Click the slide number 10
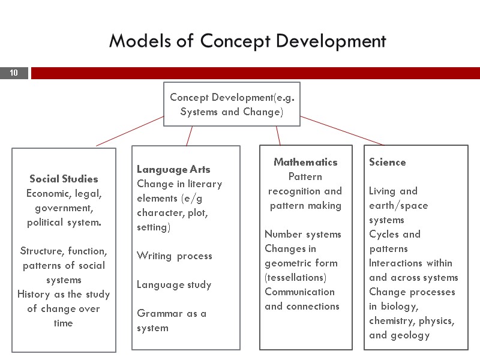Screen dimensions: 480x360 [x=14, y=73]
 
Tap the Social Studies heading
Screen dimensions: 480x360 [x=64, y=179]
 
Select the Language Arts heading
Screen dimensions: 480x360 [x=173, y=169]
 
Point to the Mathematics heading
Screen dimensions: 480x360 [x=305, y=162]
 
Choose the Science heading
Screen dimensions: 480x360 [x=387, y=162]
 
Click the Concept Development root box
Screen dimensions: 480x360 [x=232, y=104]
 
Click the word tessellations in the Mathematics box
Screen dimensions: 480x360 [x=296, y=278]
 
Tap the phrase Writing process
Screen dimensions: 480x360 [x=174, y=256]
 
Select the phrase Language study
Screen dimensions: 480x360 [x=174, y=284]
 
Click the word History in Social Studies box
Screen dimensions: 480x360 [x=35, y=294]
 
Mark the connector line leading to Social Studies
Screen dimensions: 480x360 [x=130, y=131]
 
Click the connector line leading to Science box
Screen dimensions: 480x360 [x=342, y=131]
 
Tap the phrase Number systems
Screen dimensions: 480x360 [x=302, y=234]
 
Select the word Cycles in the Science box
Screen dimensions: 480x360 [x=383, y=234]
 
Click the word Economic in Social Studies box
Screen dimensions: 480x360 [x=47, y=193]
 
